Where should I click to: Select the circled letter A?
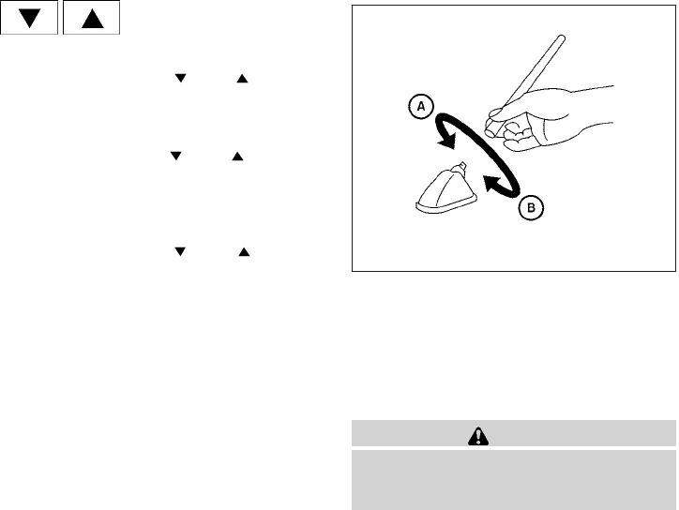click(x=421, y=108)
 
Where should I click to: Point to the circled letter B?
click(x=528, y=208)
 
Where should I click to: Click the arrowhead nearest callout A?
click(x=447, y=142)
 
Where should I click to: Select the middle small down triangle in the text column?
click(x=174, y=157)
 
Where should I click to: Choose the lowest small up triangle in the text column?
click(x=241, y=253)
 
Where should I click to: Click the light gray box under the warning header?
click(x=513, y=478)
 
